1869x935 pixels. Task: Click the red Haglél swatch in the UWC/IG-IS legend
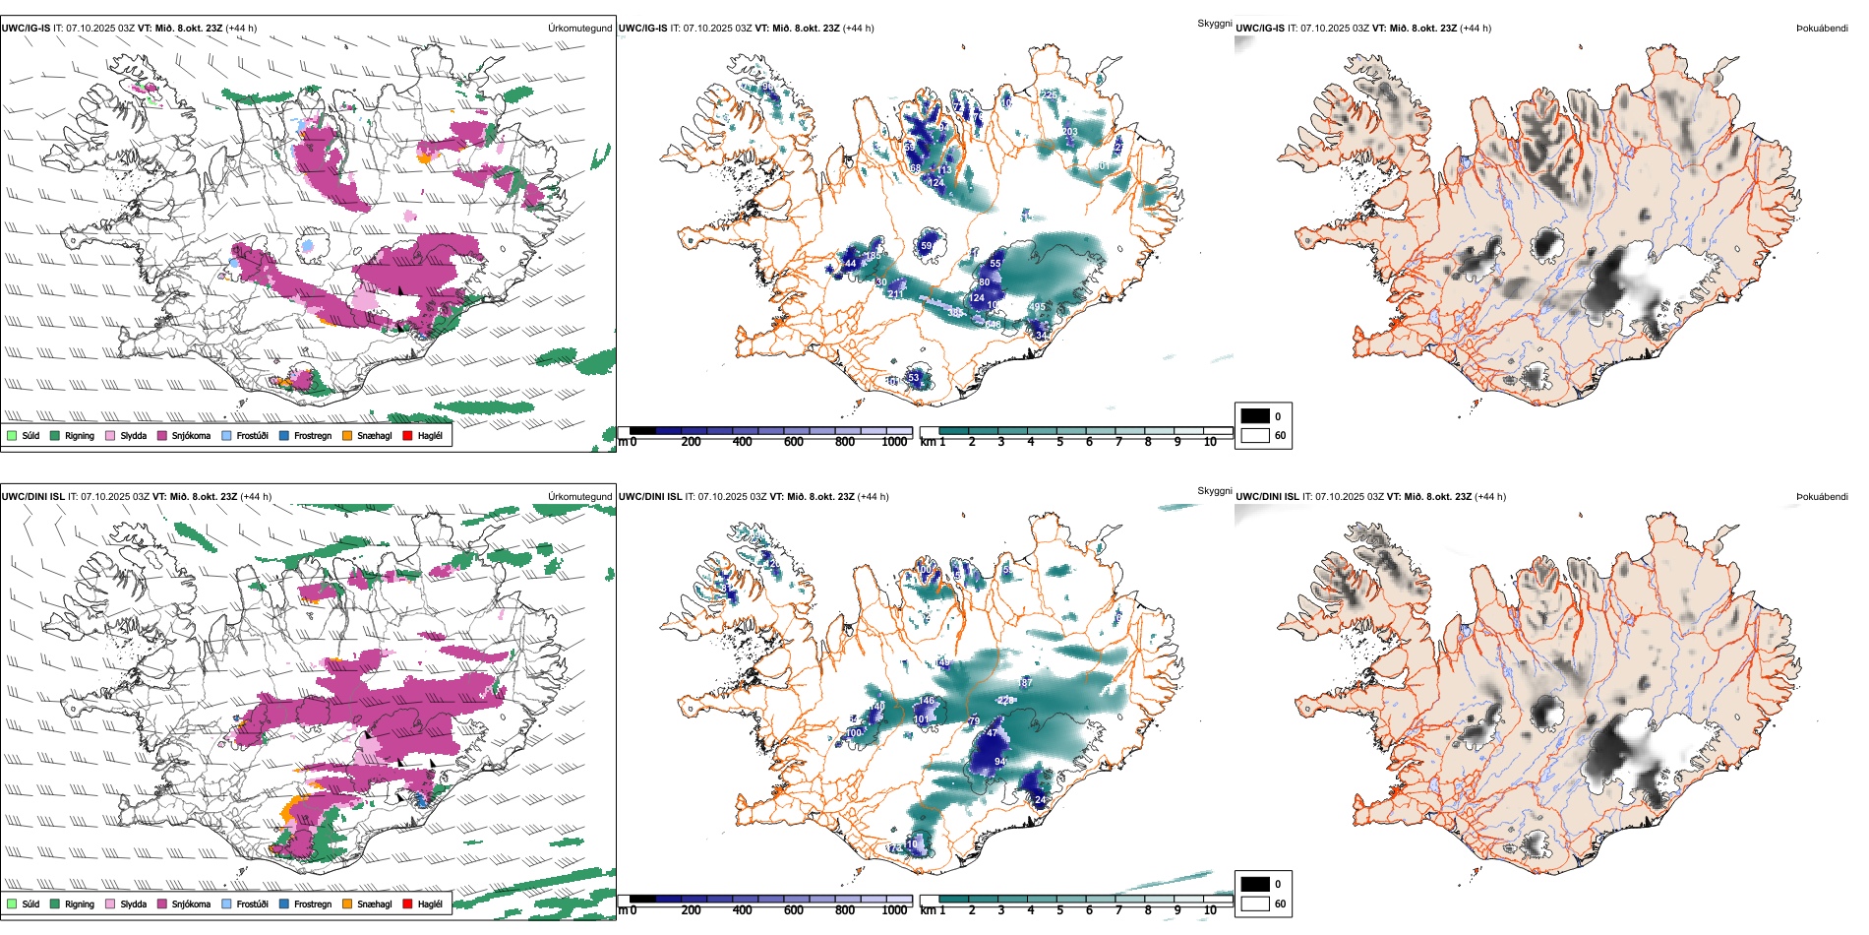407,435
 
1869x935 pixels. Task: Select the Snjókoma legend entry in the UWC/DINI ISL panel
191,904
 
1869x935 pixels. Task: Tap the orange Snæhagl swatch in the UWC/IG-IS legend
347,435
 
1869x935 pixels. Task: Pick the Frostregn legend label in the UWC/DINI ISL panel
313,904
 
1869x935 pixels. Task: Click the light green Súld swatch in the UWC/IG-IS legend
12,435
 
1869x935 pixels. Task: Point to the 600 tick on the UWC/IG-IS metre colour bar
793,442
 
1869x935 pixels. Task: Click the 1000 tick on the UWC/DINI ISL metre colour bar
894,910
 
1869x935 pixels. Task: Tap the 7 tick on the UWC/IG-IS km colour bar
1118,442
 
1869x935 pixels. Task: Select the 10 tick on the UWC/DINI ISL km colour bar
1210,910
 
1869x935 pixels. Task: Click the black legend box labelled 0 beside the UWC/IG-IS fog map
1255,416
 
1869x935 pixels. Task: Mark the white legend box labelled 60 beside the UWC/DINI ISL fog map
1255,904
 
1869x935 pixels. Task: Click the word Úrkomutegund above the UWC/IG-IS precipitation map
579,29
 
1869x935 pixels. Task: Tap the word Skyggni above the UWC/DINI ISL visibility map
1214,491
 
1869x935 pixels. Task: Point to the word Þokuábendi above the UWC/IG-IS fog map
1822,29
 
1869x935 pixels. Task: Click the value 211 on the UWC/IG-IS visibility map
895,294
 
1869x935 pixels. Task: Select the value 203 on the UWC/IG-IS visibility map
1069,132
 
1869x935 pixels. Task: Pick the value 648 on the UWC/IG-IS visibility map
993,324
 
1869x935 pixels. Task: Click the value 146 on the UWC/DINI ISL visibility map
926,701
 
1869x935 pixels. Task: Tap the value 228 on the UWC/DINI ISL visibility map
1005,701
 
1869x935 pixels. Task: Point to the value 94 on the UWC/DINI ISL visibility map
999,762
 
